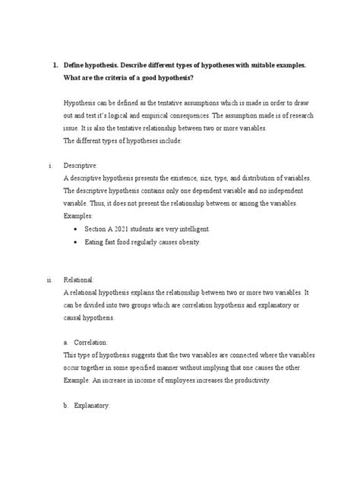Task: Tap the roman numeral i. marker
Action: (49, 165)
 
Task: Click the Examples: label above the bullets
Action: (81, 216)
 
